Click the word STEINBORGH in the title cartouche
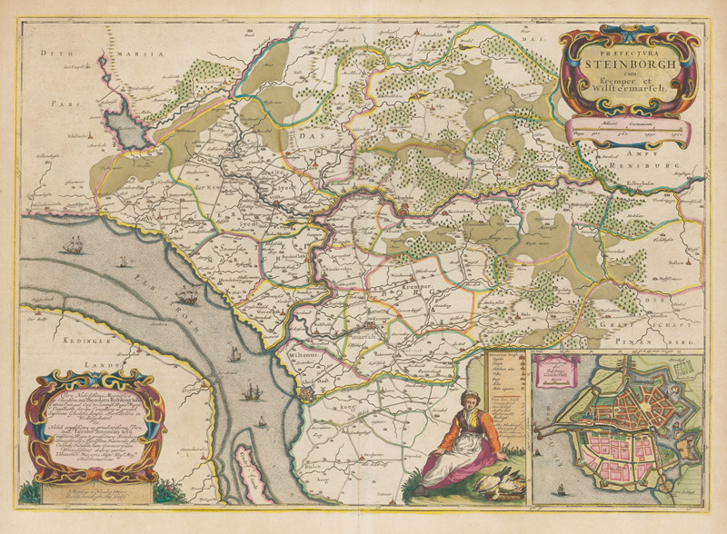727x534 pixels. click(627, 64)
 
